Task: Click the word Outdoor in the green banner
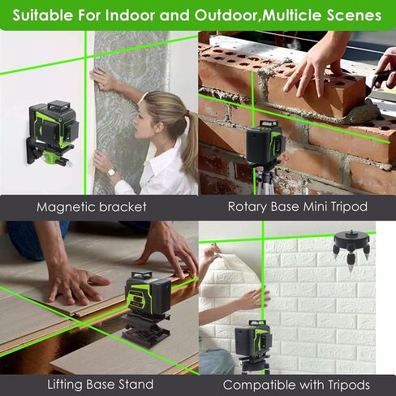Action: tap(226, 15)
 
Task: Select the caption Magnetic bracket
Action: tap(92, 207)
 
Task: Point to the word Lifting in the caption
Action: tap(65, 385)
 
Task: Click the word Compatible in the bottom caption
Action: tap(259, 385)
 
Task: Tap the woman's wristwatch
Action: tap(111, 171)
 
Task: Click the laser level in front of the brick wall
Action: tap(265, 143)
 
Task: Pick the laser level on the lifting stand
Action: tap(148, 293)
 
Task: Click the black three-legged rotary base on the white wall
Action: tap(351, 246)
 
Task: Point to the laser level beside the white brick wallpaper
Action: tap(253, 338)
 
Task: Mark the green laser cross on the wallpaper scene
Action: tap(85, 58)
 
